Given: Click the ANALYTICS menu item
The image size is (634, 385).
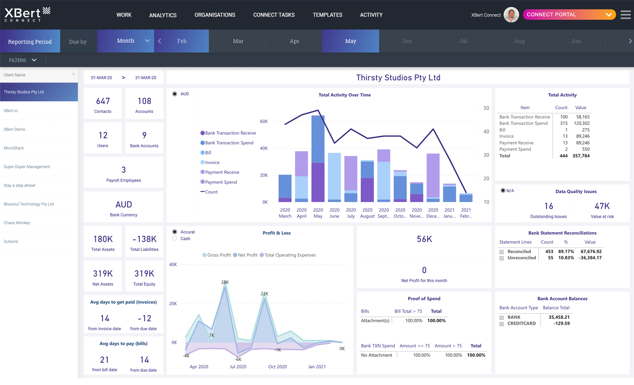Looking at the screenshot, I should click(x=163, y=15).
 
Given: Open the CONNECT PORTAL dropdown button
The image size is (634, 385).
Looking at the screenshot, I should click(x=569, y=15).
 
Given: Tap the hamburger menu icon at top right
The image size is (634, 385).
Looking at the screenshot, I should click(x=625, y=15).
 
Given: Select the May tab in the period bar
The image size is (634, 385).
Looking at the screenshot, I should click(x=350, y=41).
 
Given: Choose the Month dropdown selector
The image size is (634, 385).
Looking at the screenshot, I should click(x=126, y=41).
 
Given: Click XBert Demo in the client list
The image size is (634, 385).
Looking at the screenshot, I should click(x=15, y=129).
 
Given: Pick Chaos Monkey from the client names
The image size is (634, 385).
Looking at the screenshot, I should click(x=17, y=223).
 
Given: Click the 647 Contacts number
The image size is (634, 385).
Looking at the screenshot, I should click(x=103, y=101).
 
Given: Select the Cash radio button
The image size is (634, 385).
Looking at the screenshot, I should click(x=175, y=239).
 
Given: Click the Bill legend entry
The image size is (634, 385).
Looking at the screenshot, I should click(x=208, y=153).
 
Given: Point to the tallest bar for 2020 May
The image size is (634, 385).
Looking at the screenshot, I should click(x=318, y=159).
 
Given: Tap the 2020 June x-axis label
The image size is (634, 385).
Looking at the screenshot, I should click(x=334, y=213).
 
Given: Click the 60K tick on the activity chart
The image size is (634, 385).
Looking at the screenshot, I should click(x=264, y=121).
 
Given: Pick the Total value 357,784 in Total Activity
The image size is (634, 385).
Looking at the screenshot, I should click(x=581, y=156).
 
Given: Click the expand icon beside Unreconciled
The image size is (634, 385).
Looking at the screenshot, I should click(x=502, y=258).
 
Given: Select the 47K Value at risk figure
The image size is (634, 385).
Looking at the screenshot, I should click(x=602, y=206).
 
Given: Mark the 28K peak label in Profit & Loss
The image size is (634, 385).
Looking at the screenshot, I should click(x=225, y=282).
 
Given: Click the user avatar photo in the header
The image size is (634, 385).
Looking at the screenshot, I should click(x=511, y=15).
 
